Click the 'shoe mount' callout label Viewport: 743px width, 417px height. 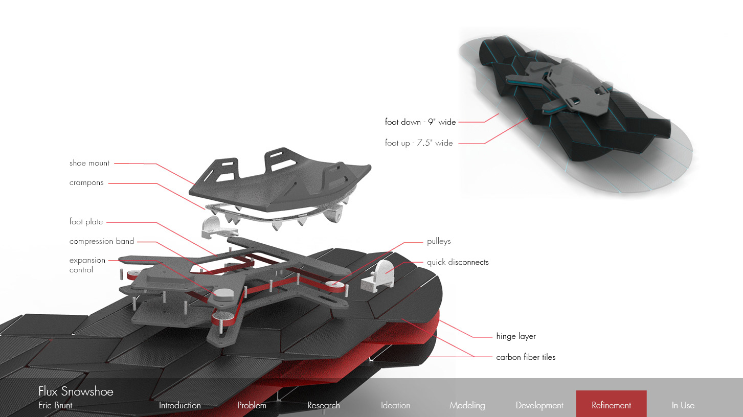(89, 164)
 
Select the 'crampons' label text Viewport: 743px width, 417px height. (86, 183)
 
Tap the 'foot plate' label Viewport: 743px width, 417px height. (86, 222)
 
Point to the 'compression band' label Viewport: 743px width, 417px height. (102, 241)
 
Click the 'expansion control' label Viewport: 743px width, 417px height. (87, 265)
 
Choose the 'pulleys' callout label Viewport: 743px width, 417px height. (439, 241)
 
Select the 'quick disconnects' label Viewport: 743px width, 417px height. (458, 262)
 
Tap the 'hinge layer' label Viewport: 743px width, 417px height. (516, 336)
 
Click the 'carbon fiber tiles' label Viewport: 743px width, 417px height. (526, 357)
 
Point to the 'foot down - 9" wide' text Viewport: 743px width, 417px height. (420, 122)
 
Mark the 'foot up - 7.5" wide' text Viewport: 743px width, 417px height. (419, 143)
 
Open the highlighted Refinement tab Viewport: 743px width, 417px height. (611, 405)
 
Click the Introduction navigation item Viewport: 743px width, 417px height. (179, 405)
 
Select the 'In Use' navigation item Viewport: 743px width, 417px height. (683, 405)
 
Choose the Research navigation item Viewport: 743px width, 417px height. (323, 405)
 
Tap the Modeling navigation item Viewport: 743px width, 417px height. (467, 405)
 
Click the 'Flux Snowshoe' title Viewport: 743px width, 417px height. (76, 391)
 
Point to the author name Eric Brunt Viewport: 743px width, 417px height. (55, 405)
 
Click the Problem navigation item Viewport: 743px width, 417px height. (252, 405)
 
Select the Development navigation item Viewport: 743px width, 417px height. (539, 405)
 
